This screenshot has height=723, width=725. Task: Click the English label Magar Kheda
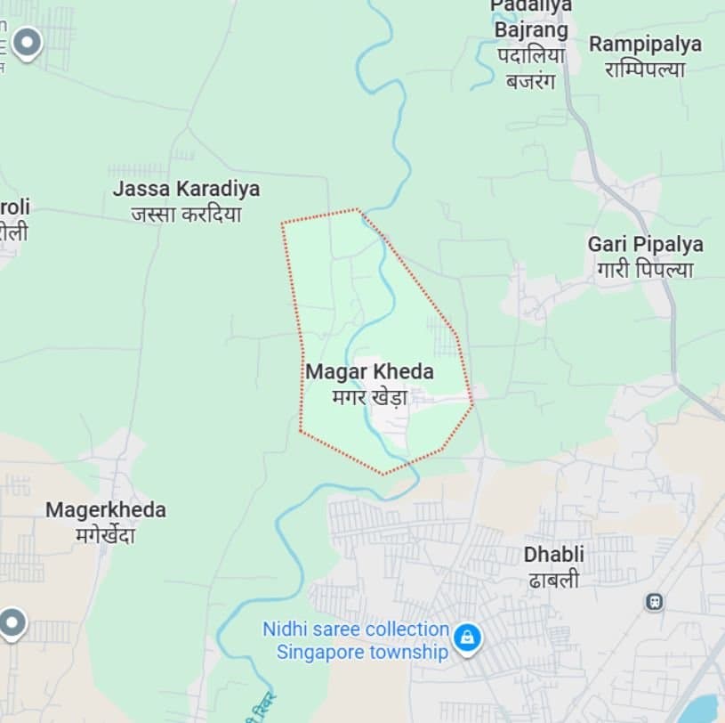(x=369, y=371)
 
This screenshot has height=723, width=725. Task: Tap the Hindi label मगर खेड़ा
(x=369, y=397)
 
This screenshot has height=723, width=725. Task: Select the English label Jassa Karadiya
(x=186, y=189)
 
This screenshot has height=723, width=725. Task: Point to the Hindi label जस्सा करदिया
(x=186, y=215)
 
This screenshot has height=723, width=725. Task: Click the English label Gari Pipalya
(x=645, y=244)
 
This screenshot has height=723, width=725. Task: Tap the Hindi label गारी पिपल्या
(x=645, y=270)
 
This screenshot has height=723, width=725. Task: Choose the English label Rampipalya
(x=645, y=44)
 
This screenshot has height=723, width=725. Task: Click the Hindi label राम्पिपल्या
(x=645, y=69)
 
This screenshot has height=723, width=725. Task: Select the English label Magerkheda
(x=106, y=510)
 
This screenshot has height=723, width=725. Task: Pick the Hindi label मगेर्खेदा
(x=106, y=536)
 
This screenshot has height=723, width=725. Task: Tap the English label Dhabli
(x=553, y=554)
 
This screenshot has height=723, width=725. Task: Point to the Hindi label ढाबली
(x=553, y=580)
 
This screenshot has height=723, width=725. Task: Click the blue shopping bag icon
(x=466, y=638)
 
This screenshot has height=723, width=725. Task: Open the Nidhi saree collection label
(x=355, y=629)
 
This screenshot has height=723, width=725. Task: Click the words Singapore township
(x=362, y=652)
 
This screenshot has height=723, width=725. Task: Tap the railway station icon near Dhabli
(x=655, y=602)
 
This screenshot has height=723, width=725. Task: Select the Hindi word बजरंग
(x=530, y=81)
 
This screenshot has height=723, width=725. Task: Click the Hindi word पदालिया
(x=531, y=55)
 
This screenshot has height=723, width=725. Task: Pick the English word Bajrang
(x=531, y=30)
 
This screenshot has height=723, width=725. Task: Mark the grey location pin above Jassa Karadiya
(x=28, y=41)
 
